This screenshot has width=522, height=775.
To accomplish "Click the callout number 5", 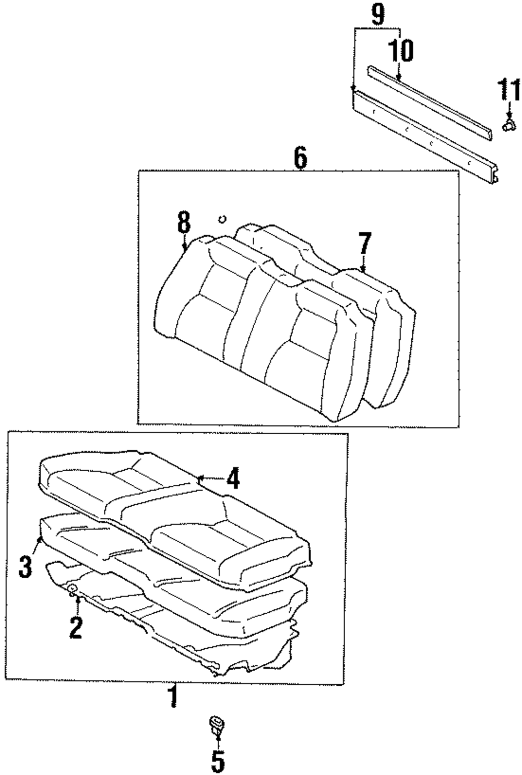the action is click(217, 761).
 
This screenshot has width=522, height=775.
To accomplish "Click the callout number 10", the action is click(400, 51).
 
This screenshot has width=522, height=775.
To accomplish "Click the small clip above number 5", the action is click(217, 725).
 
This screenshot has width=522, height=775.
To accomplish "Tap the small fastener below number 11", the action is click(508, 125).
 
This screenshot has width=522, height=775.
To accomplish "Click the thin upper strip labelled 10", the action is click(428, 102).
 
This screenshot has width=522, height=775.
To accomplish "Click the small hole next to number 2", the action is click(73, 589).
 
